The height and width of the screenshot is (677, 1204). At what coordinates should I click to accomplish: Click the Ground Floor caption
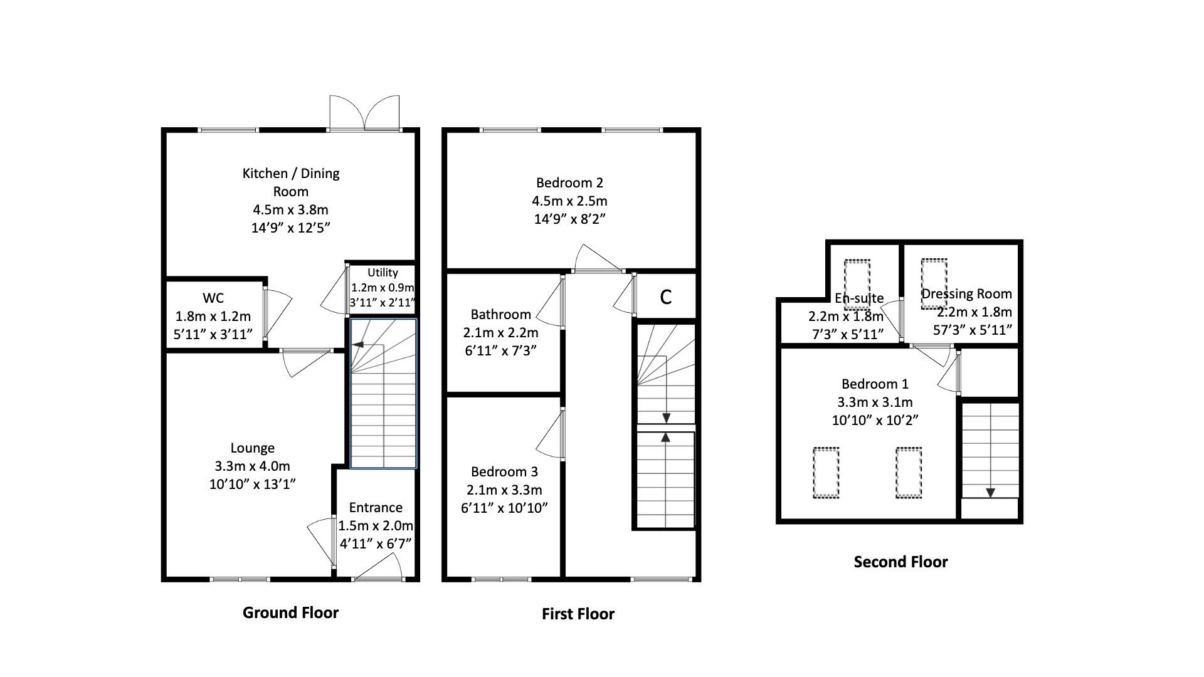pos(290,612)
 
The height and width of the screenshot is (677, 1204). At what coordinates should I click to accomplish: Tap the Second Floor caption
pos(900,562)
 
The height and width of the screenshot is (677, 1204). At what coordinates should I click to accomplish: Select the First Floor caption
pos(578,614)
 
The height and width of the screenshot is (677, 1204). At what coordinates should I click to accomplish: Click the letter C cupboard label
pos(666,297)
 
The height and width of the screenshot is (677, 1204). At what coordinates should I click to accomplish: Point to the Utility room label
pos(383,273)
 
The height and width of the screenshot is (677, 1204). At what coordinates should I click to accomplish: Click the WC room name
pos(213,298)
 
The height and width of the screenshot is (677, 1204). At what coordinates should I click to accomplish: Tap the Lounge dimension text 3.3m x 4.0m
pos(252,466)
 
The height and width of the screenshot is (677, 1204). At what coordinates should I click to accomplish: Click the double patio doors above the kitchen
pos(364,113)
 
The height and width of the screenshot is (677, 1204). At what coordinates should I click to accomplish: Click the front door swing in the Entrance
pos(379,568)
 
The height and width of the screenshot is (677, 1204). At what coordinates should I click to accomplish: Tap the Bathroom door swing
pos(550,303)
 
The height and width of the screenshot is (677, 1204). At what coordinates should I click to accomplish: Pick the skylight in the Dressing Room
pos(934,283)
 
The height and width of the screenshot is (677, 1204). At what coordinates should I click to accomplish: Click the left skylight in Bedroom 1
pos(826,473)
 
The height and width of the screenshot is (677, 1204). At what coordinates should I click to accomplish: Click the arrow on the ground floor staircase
pos(358,344)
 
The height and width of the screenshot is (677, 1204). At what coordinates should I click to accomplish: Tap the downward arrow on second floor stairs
pos(990,493)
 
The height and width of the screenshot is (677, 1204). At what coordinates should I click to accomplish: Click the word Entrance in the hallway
pos(376,508)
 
